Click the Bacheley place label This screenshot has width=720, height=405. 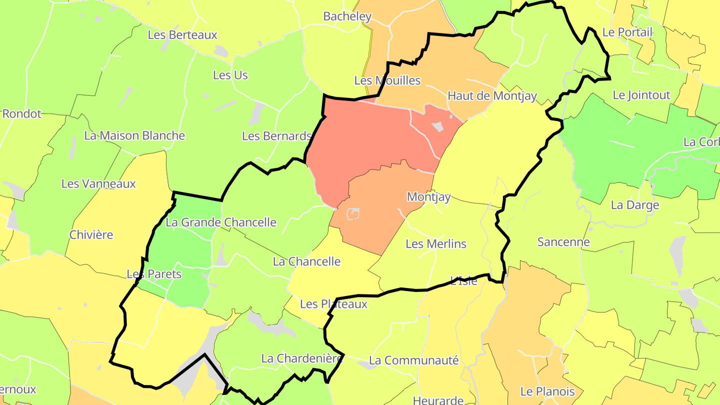(347, 16)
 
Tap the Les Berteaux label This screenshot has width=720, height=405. (182, 35)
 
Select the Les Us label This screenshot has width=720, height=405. (230, 75)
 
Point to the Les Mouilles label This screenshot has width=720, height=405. (387, 80)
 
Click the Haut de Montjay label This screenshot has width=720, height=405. (492, 95)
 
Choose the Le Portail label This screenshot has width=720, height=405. (627, 32)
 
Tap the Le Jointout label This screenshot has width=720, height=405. (641, 95)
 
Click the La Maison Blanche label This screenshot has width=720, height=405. (134, 135)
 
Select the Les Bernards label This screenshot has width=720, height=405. (276, 136)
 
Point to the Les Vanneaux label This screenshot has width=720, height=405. (98, 183)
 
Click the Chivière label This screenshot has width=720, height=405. (91, 234)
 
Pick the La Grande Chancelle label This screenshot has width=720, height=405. (220, 222)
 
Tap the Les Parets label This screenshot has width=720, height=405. (154, 274)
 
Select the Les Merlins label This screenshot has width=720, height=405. (435, 244)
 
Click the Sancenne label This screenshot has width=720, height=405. (563, 242)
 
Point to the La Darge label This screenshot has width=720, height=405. (635, 205)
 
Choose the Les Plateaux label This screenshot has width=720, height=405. (333, 304)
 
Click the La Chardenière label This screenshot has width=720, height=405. (302, 358)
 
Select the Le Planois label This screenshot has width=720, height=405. (547, 391)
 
